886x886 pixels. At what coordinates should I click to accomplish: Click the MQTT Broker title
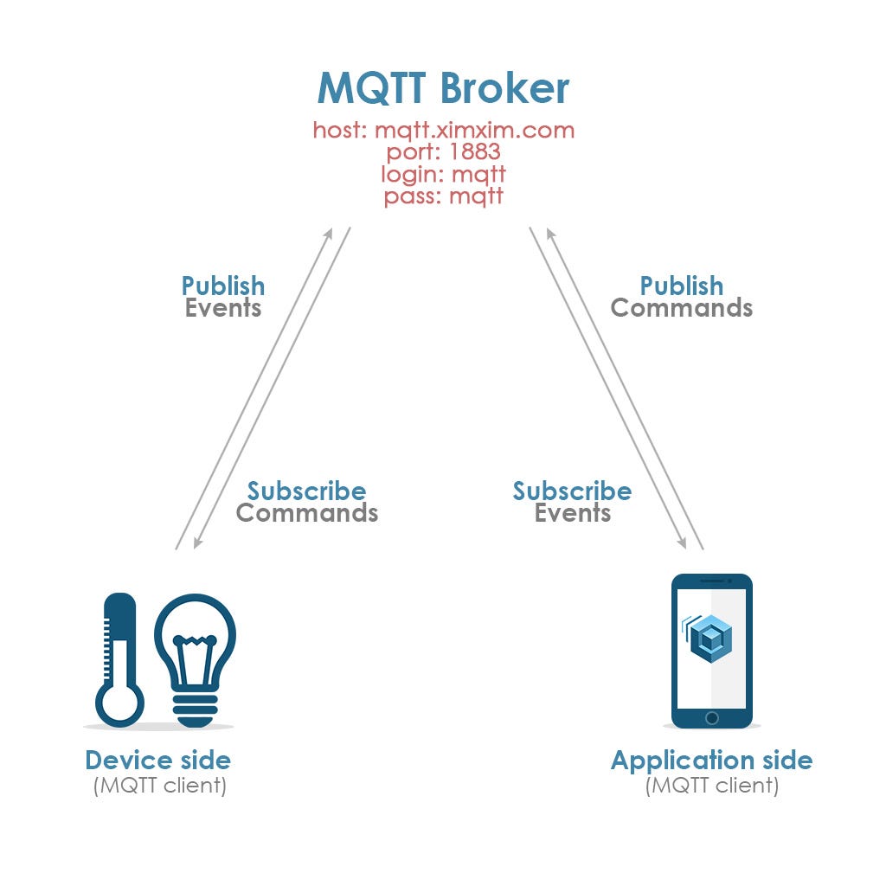click(x=443, y=87)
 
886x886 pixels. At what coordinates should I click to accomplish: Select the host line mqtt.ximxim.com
click(x=443, y=131)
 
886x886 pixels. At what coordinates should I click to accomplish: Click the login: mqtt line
click(x=443, y=174)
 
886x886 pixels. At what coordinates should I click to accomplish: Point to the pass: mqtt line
click(x=443, y=196)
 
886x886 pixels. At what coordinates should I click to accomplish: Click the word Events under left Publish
click(x=223, y=308)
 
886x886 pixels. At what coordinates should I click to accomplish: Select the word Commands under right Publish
click(x=681, y=308)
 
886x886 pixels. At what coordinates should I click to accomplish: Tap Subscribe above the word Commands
click(x=306, y=491)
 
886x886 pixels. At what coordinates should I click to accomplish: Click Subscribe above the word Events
click(x=572, y=491)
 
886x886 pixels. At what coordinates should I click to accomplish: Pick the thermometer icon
click(x=119, y=658)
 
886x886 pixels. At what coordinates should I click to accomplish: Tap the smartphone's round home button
click(x=711, y=718)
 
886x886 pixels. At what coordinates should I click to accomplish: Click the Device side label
click(x=157, y=761)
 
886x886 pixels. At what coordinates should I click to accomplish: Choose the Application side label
click(x=711, y=761)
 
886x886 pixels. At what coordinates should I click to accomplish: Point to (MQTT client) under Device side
click(x=159, y=786)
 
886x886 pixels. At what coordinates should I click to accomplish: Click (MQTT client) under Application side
click(x=711, y=786)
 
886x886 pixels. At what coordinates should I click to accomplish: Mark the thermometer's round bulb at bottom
click(x=119, y=702)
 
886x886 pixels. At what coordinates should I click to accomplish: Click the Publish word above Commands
click(x=681, y=286)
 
